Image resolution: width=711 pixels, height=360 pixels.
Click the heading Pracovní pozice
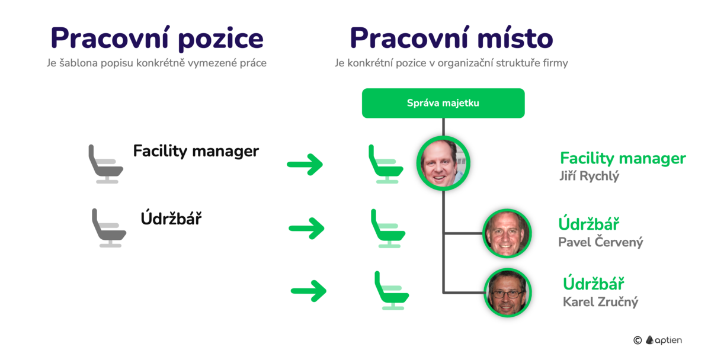click(x=156, y=38)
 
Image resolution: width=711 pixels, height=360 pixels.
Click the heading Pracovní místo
click(x=451, y=38)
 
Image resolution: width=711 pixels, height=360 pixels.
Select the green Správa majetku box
click(x=443, y=103)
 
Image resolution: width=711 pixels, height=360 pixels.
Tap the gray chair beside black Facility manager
click(x=105, y=164)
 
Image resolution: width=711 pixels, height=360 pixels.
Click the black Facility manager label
click(x=196, y=151)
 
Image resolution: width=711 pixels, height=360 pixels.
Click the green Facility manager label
click(x=623, y=159)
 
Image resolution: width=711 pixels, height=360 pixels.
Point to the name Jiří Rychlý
click(x=589, y=176)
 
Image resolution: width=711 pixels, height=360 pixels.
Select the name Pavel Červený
click(x=600, y=242)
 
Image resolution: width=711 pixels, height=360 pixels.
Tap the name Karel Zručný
click(x=600, y=302)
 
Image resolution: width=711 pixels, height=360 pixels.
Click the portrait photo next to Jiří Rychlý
click(x=444, y=163)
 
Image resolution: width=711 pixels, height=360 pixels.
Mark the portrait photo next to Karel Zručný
click(x=507, y=293)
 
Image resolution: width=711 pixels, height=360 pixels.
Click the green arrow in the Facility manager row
click(x=305, y=164)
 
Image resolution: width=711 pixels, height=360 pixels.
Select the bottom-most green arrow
click(x=308, y=290)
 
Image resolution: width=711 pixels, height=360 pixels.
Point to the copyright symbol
click(x=638, y=340)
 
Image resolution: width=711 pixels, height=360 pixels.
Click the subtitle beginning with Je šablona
click(x=156, y=63)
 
